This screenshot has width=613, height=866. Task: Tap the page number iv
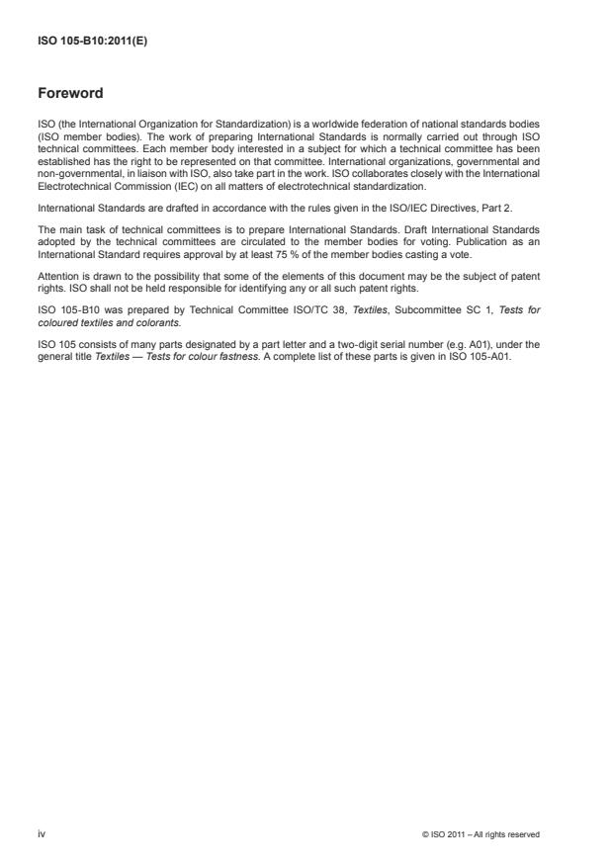42,834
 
